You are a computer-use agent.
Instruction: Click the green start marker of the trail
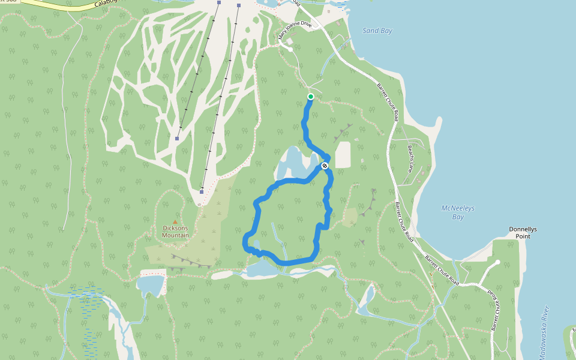311,97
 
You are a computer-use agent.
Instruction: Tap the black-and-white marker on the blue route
325,166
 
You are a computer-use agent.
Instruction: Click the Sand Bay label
377,31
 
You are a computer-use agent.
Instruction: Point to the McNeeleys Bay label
458,212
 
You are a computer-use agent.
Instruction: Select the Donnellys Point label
526,233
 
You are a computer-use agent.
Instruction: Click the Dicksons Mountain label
176,232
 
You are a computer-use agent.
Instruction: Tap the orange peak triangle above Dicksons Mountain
175,222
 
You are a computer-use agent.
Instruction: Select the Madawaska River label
544,333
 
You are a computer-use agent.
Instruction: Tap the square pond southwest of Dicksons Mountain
151,285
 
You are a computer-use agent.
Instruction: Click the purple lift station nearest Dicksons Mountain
202,192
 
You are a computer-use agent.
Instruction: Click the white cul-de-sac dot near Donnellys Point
497,262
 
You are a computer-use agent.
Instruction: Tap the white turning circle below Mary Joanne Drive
290,50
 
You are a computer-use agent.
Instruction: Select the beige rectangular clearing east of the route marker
342,155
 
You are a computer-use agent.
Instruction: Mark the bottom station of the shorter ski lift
177,139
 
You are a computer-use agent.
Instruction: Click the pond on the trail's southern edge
259,268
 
